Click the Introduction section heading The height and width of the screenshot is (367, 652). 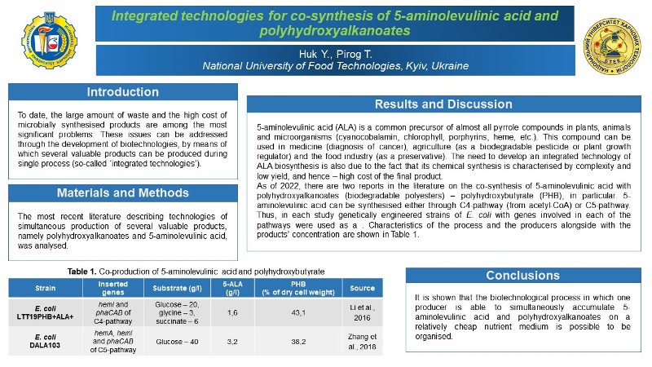[x=123, y=91]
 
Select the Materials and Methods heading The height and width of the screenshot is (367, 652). [x=123, y=193]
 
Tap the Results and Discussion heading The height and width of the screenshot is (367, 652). [x=443, y=104]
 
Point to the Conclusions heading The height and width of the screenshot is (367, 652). [x=522, y=276]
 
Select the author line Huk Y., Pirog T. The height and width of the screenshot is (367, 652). [x=335, y=54]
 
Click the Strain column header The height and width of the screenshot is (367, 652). [x=46, y=288]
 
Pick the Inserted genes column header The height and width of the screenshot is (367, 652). [x=112, y=288]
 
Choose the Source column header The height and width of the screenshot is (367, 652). [x=362, y=288]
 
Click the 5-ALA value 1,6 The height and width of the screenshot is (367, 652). [x=232, y=312]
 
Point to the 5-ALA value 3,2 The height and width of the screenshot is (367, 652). [x=232, y=343]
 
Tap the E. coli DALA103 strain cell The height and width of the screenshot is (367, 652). [x=45, y=343]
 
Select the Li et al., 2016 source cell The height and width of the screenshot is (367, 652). [x=362, y=312]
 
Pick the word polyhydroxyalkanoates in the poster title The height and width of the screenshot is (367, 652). [x=335, y=31]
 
